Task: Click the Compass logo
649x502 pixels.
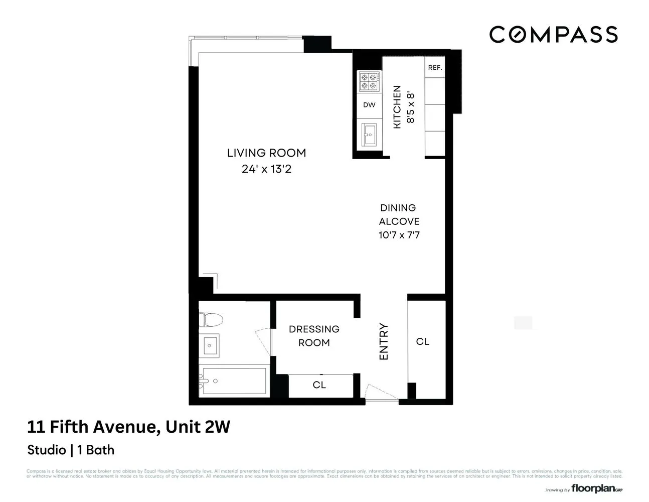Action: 553,34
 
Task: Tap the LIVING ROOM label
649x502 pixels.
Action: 266,153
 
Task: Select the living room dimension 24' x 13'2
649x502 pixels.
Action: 266,169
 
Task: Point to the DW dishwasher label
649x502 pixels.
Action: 369,105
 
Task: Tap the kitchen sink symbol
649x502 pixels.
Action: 369,134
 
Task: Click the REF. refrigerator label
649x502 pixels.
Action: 435,67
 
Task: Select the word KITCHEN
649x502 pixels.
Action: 397,107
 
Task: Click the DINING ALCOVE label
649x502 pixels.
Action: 399,214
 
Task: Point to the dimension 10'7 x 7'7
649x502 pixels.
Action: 399,235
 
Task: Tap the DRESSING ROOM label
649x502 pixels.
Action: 314,336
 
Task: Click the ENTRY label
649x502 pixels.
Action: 384,341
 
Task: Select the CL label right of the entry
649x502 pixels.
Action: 423,341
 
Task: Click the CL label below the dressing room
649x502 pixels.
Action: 319,385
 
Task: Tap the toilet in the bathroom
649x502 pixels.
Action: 210,319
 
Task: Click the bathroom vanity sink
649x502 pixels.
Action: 210,345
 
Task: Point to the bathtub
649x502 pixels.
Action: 232,382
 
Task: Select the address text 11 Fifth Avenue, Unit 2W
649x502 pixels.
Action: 128,427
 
